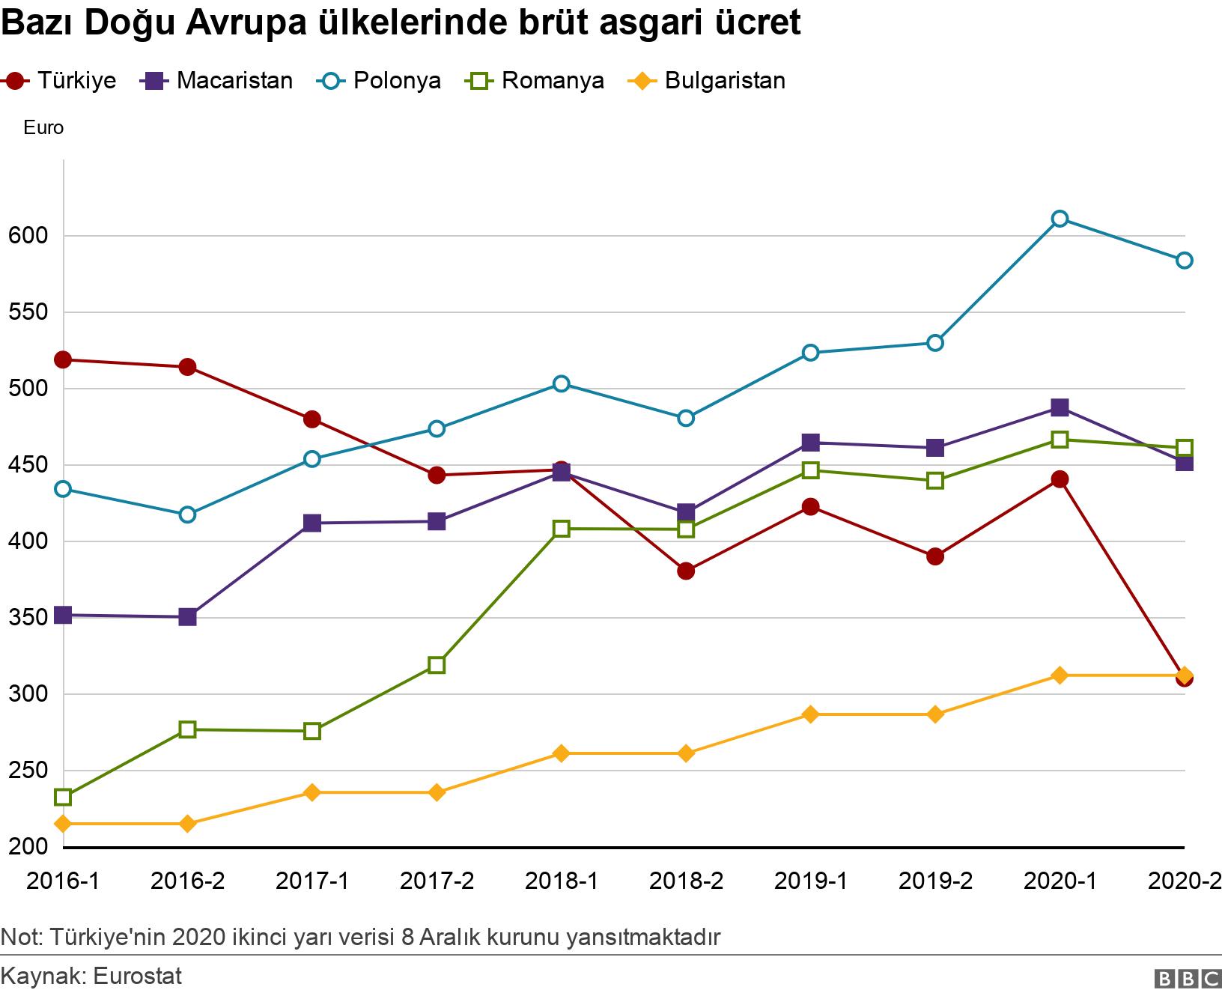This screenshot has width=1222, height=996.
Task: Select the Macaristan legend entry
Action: [217, 80]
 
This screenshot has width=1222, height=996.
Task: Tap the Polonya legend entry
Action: [380, 80]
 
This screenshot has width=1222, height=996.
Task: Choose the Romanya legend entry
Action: [536, 80]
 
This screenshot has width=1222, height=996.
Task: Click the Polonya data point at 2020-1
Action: [1060, 219]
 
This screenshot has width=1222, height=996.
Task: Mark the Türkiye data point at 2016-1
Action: [63, 359]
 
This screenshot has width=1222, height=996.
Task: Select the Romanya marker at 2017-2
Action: [437, 665]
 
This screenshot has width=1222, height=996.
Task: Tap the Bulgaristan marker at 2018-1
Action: [561, 753]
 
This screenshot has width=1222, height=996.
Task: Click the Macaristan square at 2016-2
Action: [187, 617]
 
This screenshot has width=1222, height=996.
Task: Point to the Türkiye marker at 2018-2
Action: [686, 571]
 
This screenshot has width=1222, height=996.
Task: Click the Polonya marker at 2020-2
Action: [1184, 260]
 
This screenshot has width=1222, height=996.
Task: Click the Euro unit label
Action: [43, 128]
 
